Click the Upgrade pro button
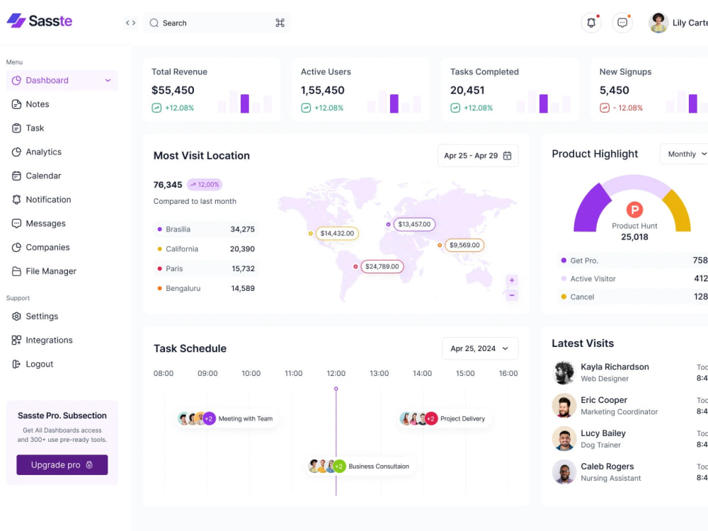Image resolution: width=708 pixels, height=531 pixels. point(62,464)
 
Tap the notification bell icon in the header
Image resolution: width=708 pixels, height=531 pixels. point(591,23)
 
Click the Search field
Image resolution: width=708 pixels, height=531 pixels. point(217,23)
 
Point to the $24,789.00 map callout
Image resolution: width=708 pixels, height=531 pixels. point(382,266)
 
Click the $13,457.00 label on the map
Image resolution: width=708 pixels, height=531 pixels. point(414,224)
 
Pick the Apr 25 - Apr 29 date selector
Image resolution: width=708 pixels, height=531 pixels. point(478,156)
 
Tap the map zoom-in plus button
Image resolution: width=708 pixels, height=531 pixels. point(512,280)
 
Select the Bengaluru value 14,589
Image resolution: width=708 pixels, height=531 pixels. point(243,288)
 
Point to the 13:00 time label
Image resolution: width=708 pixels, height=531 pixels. point(379,373)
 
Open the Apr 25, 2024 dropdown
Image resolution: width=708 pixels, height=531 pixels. point(480,348)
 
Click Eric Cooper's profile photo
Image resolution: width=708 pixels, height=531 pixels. point(564,406)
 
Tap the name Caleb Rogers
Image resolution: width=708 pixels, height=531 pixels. point(607,467)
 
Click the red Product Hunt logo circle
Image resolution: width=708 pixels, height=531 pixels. point(634,210)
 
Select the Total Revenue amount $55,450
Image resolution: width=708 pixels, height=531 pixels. point(173,91)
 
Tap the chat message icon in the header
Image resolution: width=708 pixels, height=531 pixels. point(622,23)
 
